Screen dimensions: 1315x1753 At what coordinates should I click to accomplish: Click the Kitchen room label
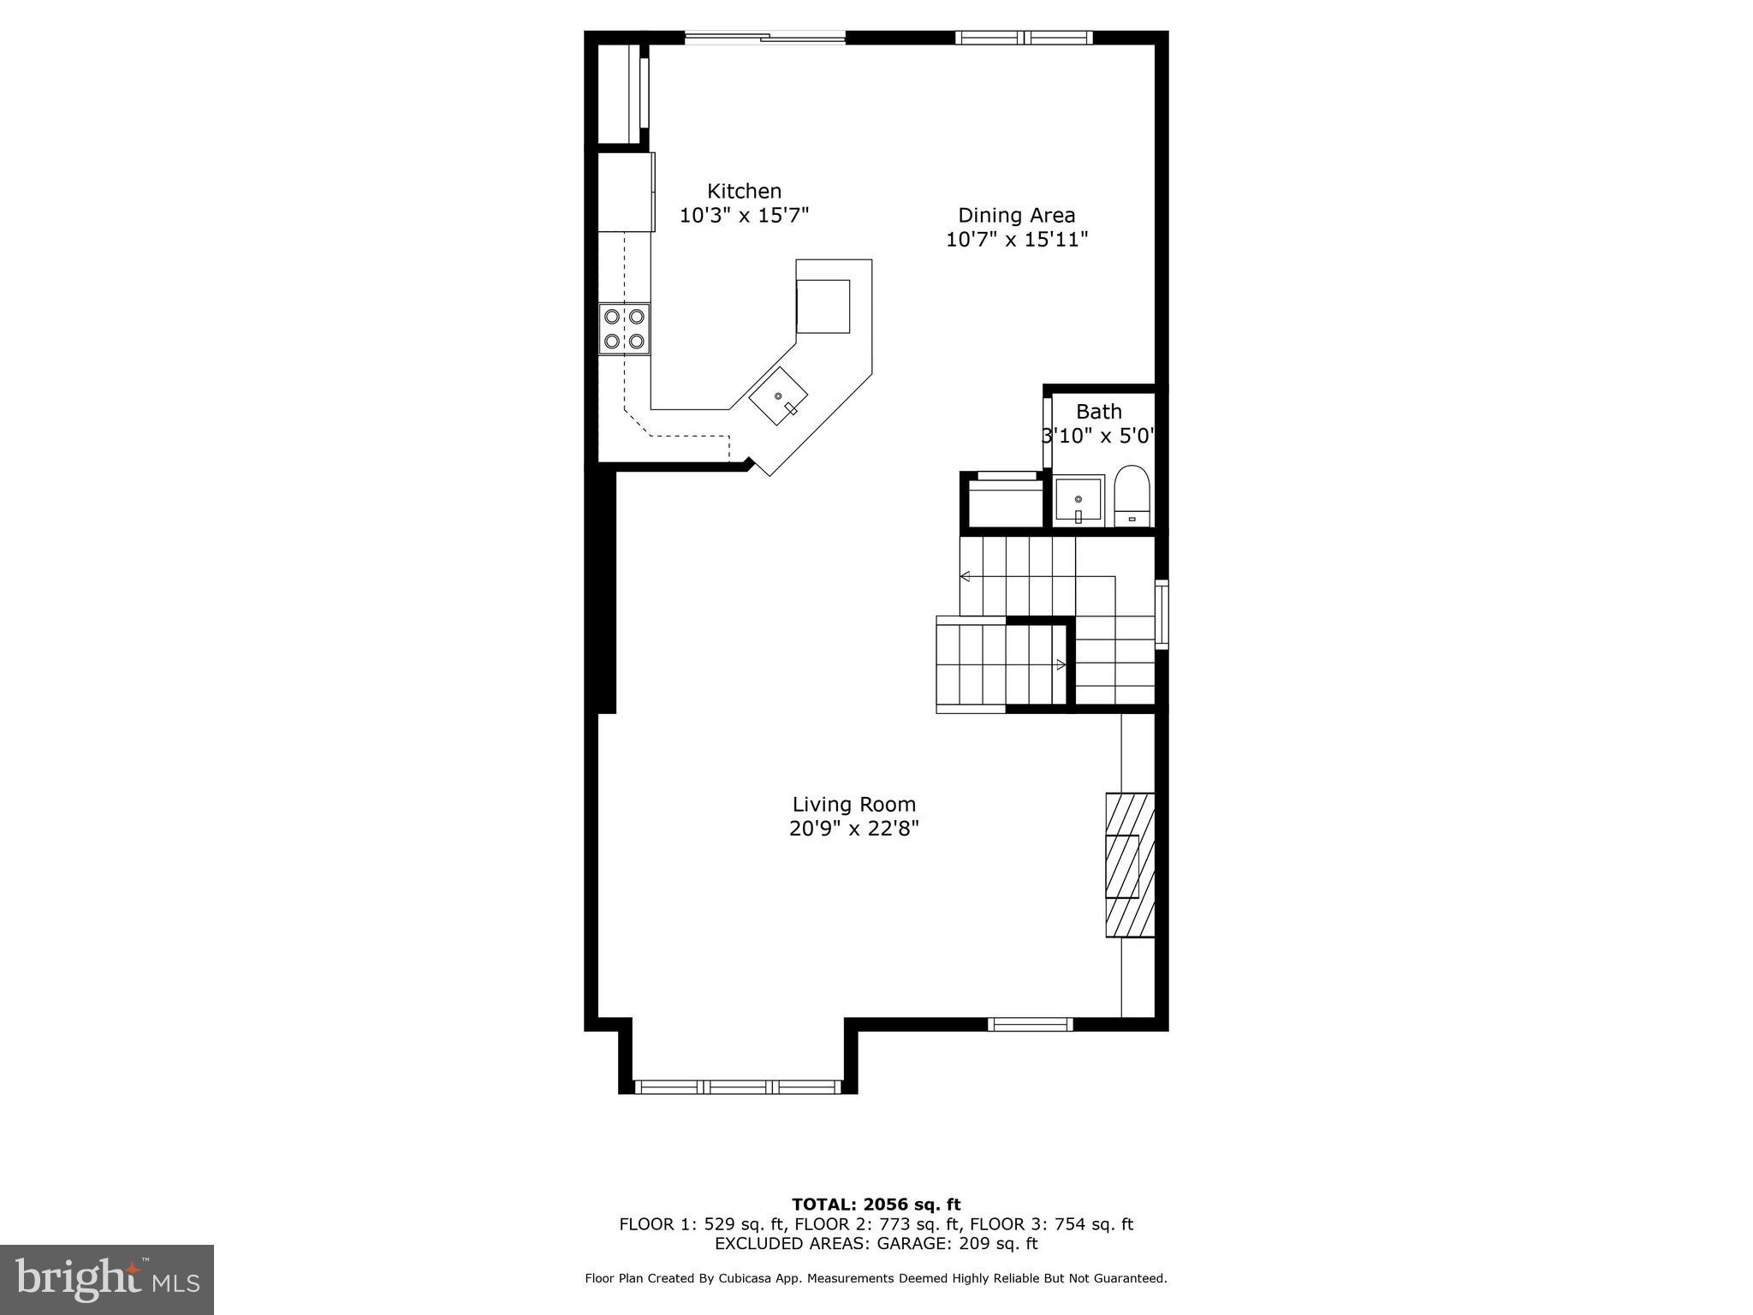point(744,191)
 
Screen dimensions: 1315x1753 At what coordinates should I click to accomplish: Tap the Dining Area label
point(1016,216)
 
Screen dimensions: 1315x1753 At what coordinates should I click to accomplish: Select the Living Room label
point(853,805)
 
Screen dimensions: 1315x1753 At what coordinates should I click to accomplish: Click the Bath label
point(1098,412)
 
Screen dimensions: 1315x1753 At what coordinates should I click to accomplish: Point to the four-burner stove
point(624,329)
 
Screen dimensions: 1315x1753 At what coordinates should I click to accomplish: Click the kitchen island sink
point(779,396)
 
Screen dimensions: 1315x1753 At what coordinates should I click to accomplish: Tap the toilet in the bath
point(1132,497)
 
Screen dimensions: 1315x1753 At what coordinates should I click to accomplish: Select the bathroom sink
point(1078,500)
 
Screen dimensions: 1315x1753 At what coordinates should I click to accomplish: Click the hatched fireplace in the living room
point(1130,865)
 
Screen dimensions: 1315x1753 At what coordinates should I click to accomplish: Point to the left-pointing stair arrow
point(966,576)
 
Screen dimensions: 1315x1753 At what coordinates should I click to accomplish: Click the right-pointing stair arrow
point(1061,664)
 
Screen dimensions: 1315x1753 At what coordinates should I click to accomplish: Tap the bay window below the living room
point(738,1086)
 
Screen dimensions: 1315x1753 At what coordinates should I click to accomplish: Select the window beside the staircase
point(1162,613)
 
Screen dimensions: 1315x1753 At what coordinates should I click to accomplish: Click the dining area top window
point(1024,37)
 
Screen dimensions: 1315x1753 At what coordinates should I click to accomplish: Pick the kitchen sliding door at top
point(764,37)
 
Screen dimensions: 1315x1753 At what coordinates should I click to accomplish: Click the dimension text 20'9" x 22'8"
point(853,829)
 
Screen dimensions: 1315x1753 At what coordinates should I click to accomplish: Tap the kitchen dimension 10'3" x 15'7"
point(744,215)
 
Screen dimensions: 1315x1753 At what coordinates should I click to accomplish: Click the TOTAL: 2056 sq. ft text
point(876,1205)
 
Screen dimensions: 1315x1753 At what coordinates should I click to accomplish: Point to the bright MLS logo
point(107,1279)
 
